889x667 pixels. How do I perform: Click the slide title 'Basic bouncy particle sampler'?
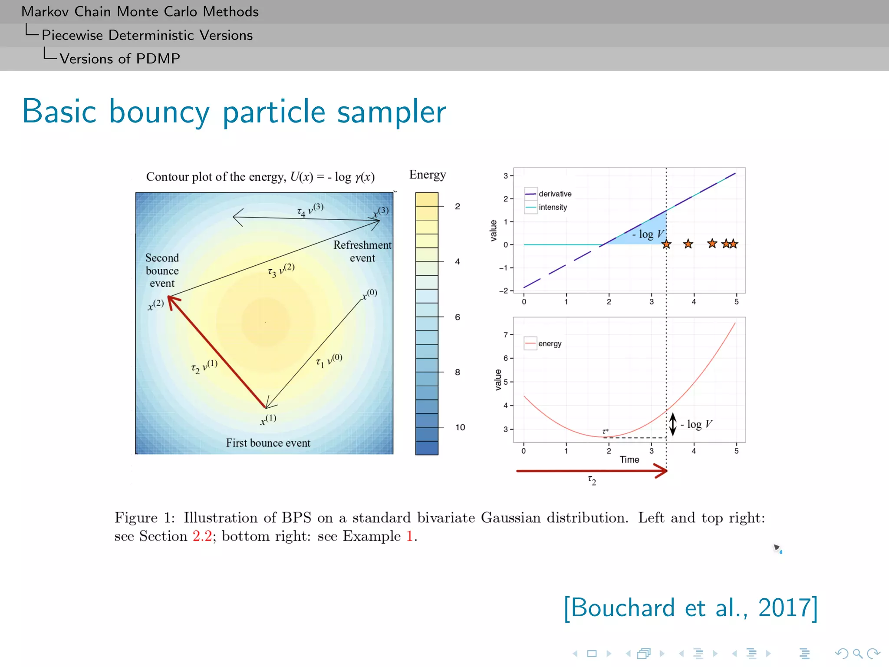point(234,112)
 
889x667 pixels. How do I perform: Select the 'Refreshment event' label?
point(362,251)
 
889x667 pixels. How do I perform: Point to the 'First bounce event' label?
point(268,443)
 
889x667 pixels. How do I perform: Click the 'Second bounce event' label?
point(162,271)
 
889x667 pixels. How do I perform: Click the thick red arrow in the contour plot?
point(217,352)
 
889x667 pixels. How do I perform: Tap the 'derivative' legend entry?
point(555,194)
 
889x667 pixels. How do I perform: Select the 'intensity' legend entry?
point(553,207)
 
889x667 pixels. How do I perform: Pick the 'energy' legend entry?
point(550,343)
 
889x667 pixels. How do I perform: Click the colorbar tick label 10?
point(460,427)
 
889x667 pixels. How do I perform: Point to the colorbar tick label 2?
point(458,206)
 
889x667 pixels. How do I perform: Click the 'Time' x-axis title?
point(629,459)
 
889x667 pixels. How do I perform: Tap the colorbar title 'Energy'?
point(427,175)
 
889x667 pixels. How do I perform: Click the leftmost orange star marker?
point(666,244)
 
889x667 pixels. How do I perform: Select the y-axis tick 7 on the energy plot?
point(505,335)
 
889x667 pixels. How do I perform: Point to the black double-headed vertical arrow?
point(672,424)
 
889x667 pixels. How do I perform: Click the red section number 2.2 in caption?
point(202,536)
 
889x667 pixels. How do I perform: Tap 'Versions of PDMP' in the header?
point(120,59)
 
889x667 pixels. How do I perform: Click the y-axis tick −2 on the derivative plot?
point(504,291)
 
